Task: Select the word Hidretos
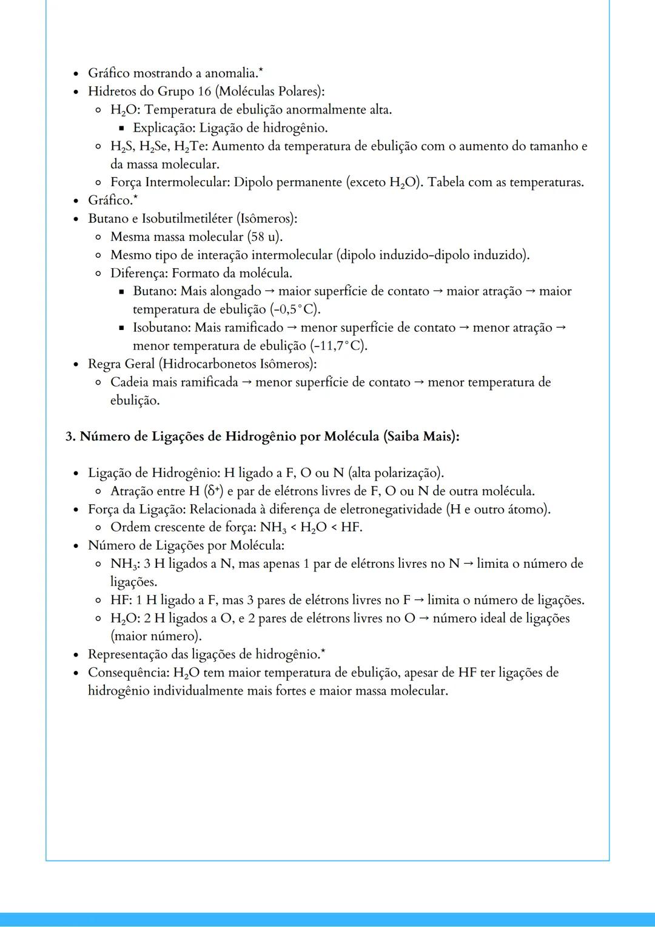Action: (x=112, y=92)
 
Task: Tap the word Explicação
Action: (x=163, y=128)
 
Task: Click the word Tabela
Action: (x=448, y=183)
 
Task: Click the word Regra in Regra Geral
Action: (x=104, y=364)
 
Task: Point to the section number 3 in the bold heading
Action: (x=70, y=436)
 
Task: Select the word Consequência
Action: (x=128, y=673)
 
